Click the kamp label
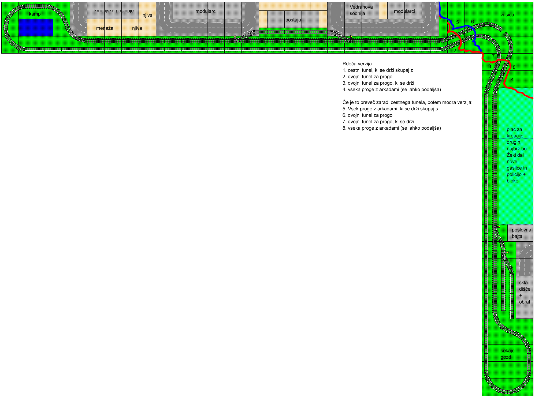click(x=35, y=14)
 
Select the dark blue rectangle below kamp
click(x=36, y=28)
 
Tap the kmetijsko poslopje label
click(x=114, y=11)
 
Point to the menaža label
click(x=105, y=28)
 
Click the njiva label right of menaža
click(x=137, y=28)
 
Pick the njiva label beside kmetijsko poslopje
click(x=147, y=15)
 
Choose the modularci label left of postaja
click(x=206, y=11)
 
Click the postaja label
click(x=293, y=20)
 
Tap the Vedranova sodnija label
click(x=361, y=10)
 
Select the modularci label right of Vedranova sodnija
click(x=404, y=11)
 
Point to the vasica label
click(x=507, y=15)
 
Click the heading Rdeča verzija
click(x=358, y=64)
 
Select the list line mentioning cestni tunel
click(x=378, y=70)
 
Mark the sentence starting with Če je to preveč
click(x=407, y=102)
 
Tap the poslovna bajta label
click(x=521, y=233)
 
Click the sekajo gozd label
click(x=507, y=354)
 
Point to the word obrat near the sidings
click(x=525, y=302)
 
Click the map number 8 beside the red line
click(x=514, y=67)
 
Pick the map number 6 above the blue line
click(x=472, y=22)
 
